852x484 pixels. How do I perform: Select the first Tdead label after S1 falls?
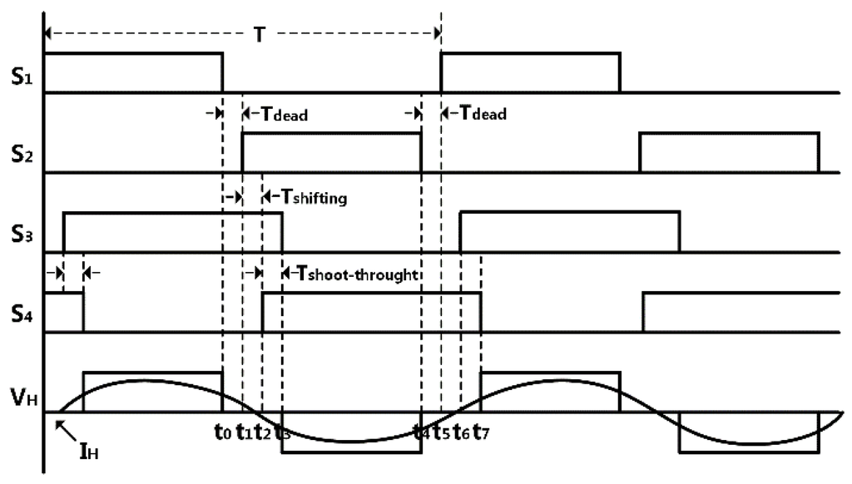point(280,114)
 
